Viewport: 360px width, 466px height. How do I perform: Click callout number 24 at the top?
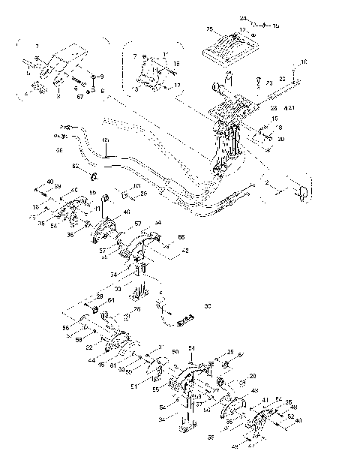243,18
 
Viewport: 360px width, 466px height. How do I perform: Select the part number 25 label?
209,29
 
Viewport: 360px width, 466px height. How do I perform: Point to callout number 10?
304,62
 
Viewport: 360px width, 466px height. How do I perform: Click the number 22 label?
282,78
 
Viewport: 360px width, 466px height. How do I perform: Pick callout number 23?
268,85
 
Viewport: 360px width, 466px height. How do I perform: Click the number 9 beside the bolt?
102,77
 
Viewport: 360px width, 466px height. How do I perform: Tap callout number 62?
75,164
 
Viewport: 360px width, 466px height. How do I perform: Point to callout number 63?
137,186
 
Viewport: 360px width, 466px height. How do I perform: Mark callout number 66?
181,236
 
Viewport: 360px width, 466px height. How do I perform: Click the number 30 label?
207,305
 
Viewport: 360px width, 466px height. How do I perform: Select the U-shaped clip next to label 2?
301,193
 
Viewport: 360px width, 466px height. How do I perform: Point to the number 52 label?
289,416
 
